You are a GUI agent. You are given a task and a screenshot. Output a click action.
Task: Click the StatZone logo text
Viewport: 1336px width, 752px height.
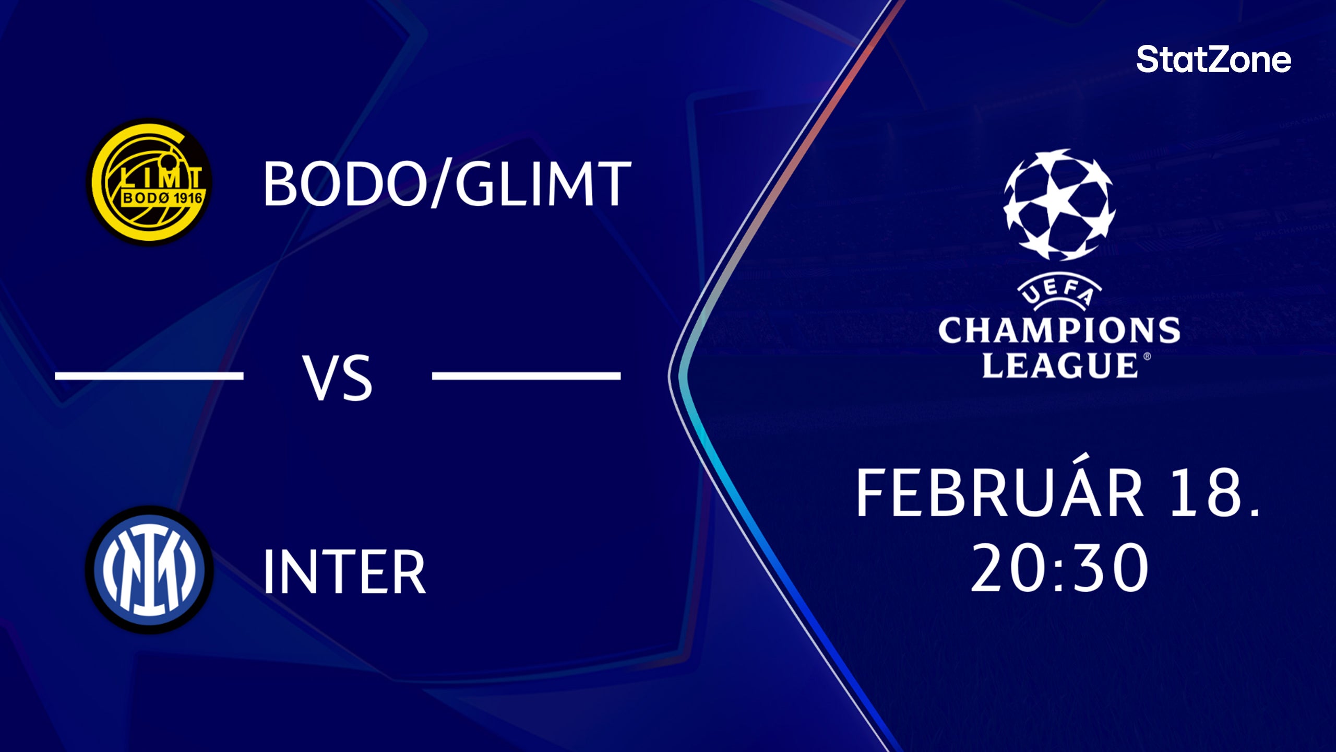[x=1213, y=60]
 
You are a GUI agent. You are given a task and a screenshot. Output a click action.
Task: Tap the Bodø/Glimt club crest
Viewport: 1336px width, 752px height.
[x=150, y=182]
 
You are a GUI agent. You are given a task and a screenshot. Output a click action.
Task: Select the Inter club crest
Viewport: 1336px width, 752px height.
[x=149, y=570]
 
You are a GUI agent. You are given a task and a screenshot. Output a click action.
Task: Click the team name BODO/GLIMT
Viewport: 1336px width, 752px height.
[x=447, y=183]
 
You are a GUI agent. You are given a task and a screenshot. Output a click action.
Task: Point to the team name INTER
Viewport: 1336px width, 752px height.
[x=344, y=571]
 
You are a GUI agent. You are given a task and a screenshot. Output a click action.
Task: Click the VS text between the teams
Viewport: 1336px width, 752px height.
[x=338, y=377]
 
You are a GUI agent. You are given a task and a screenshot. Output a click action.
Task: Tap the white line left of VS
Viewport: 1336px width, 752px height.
[x=149, y=375]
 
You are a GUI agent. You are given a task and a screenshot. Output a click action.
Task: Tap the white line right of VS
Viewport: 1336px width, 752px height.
[x=526, y=375]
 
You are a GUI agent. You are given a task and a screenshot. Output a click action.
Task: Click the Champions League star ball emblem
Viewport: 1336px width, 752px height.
[x=1059, y=205]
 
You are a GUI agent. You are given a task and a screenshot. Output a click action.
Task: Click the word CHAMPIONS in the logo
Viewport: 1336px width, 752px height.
[x=1059, y=331]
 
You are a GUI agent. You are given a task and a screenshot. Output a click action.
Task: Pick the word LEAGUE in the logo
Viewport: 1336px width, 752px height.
[x=1059, y=365]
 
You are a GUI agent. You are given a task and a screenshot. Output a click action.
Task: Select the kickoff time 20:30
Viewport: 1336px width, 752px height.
[x=1059, y=568]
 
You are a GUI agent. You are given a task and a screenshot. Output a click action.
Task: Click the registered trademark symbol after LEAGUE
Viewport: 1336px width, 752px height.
[x=1147, y=357]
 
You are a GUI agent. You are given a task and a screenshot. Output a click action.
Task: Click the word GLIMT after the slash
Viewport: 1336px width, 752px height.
[x=543, y=183]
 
